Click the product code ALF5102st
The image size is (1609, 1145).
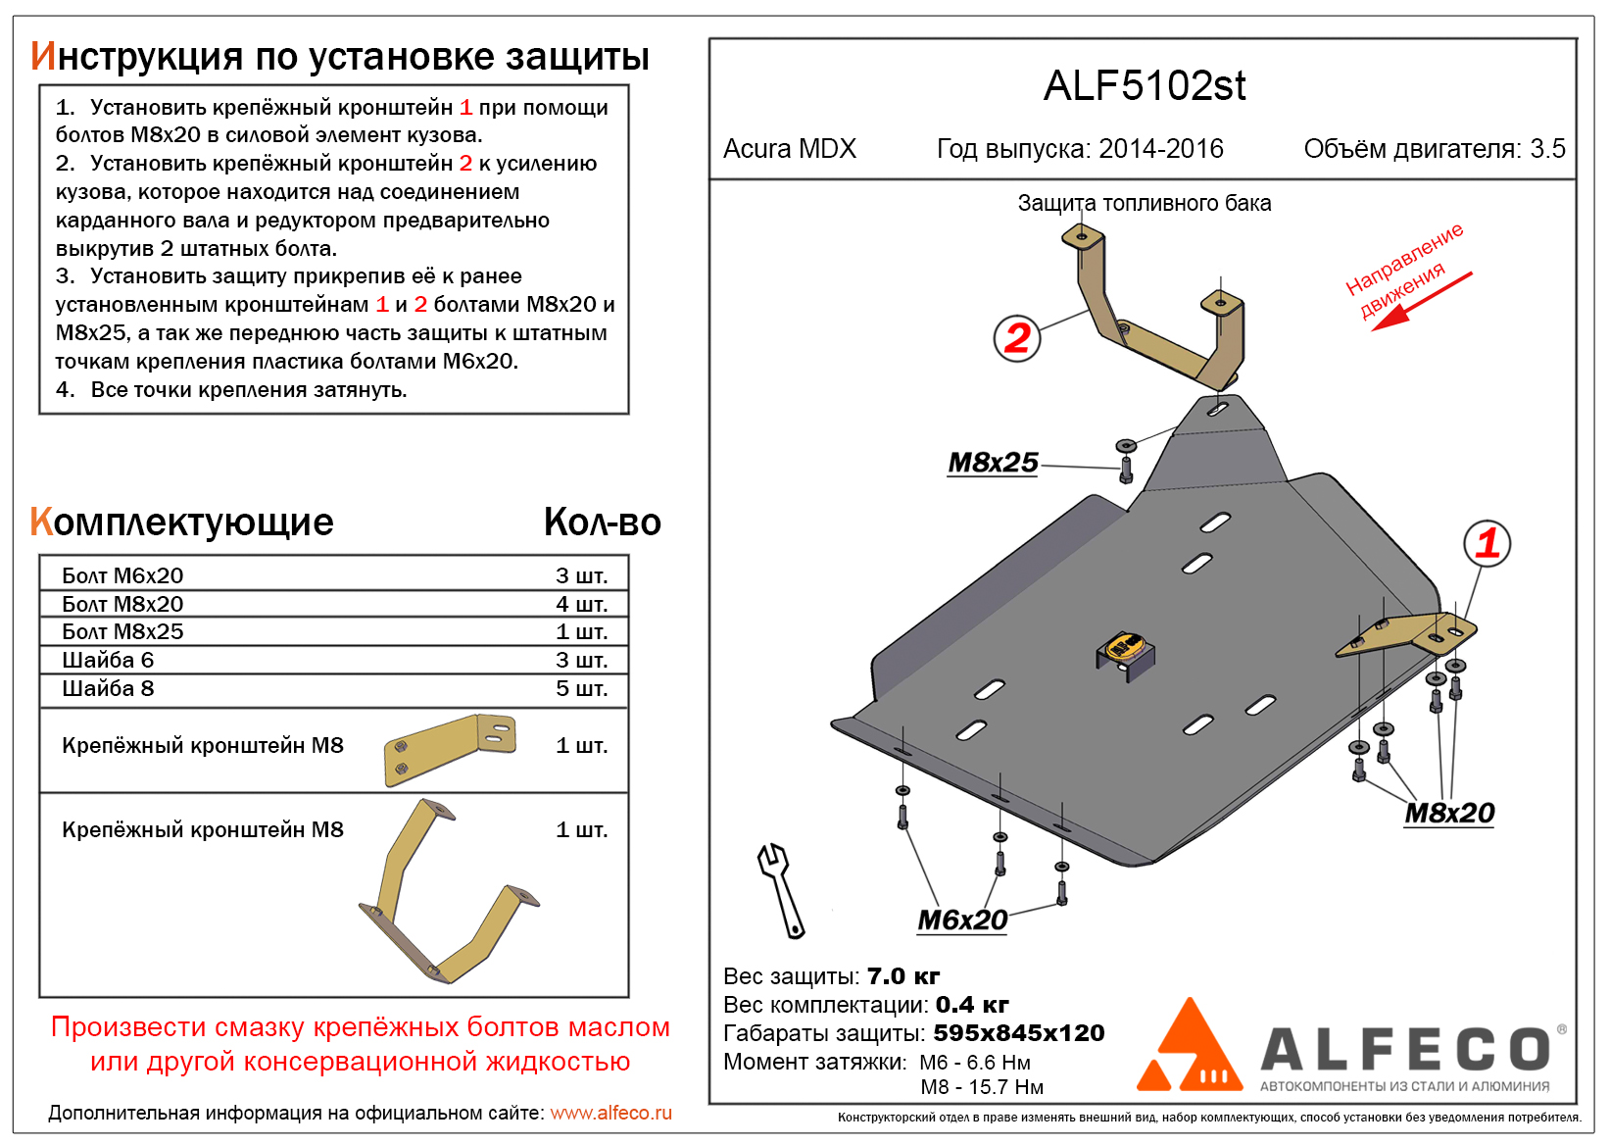[1144, 86]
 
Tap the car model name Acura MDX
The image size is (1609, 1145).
[789, 149]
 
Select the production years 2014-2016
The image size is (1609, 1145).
[1161, 149]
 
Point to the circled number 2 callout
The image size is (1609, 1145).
[1017, 338]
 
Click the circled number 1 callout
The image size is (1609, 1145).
[1487, 543]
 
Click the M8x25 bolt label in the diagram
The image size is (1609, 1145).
[993, 463]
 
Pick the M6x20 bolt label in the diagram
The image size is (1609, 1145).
[962, 921]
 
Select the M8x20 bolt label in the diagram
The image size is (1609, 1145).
[1449, 813]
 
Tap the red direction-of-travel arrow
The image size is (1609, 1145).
[1421, 300]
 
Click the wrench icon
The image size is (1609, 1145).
[781, 889]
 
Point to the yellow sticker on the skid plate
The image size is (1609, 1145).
[1124, 646]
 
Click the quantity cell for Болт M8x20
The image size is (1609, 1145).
[581, 604]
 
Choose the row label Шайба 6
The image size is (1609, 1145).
[108, 660]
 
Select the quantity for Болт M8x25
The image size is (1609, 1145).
[581, 631]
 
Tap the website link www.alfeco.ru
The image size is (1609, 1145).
[610, 1113]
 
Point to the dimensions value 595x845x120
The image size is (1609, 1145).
[1019, 1033]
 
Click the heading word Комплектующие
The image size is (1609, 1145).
[182, 523]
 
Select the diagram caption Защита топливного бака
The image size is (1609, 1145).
[1144, 203]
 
